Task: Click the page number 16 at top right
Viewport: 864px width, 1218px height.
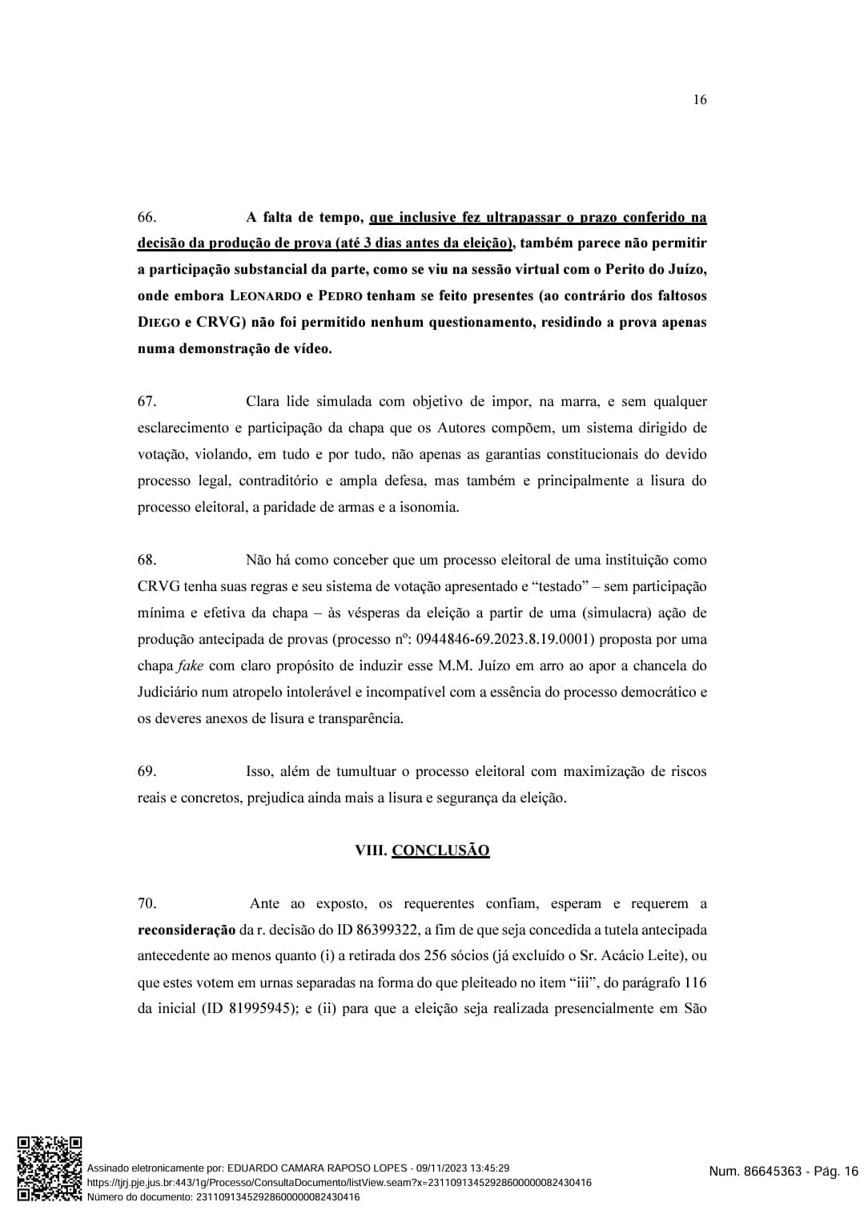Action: pos(699,100)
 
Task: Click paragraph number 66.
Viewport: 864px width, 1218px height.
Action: pos(147,217)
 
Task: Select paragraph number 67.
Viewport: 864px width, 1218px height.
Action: pos(147,401)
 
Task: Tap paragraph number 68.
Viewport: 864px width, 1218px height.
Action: pos(147,560)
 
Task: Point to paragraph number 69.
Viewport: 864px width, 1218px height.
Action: pos(147,771)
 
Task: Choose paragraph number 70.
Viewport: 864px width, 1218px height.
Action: pos(147,903)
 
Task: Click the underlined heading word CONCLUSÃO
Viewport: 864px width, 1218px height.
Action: pos(440,850)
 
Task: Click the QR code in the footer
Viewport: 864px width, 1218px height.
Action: pos(49,1168)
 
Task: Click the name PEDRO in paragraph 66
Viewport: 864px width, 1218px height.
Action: pos(340,296)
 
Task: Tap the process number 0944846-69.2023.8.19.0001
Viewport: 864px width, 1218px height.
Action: pos(504,639)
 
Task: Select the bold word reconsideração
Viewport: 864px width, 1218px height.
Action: pos(187,930)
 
